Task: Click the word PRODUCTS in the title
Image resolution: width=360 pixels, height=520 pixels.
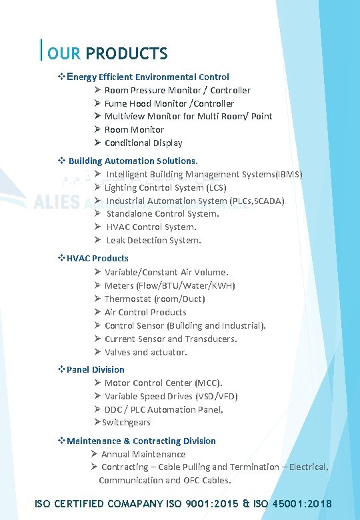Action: click(127, 53)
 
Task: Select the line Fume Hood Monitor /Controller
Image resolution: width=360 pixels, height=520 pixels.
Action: click(169, 103)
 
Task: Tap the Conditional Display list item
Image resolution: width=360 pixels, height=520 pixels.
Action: click(143, 143)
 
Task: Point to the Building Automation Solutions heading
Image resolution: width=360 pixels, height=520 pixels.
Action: click(133, 161)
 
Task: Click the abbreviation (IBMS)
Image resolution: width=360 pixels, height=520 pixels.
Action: click(289, 174)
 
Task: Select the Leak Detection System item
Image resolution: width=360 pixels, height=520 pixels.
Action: click(153, 240)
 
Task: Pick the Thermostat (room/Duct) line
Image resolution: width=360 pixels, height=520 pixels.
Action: click(155, 299)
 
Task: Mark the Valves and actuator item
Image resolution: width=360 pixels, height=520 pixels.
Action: click(146, 352)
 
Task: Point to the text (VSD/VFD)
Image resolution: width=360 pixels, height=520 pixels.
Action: click(215, 396)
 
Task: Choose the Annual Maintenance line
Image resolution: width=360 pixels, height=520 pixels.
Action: click(143, 454)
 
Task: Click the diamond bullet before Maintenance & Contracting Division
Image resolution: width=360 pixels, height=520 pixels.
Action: click(61, 441)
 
